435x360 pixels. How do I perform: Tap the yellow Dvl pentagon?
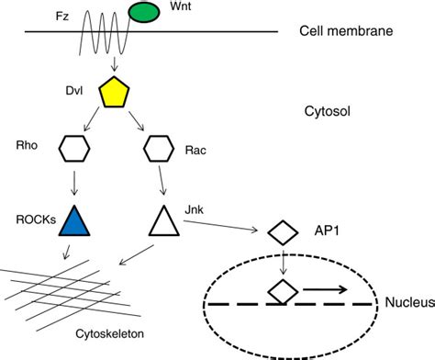(x=115, y=92)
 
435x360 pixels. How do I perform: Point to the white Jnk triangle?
(x=162, y=221)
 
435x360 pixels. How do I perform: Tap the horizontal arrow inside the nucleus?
(x=327, y=293)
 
